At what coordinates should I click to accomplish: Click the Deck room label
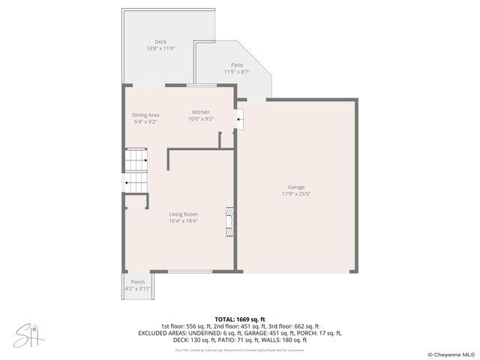click(160, 41)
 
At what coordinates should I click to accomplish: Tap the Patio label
click(237, 65)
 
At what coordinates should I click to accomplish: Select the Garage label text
click(296, 187)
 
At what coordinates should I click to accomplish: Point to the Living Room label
click(183, 214)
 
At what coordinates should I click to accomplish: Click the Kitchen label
click(200, 112)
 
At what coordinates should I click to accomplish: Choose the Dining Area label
click(146, 115)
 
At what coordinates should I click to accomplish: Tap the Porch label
click(138, 282)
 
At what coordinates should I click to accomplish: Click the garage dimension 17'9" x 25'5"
click(296, 193)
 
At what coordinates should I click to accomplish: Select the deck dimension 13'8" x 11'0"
click(160, 48)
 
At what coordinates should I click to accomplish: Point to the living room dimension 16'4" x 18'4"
click(183, 221)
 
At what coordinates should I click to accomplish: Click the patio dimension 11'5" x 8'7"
click(237, 72)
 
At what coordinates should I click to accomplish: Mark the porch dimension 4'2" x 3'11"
click(138, 289)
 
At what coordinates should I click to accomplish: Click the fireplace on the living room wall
click(229, 222)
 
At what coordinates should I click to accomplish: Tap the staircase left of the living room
click(135, 170)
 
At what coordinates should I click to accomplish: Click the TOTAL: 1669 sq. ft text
click(240, 319)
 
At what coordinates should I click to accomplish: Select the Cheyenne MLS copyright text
click(451, 354)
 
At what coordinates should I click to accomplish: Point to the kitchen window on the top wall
click(202, 86)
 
